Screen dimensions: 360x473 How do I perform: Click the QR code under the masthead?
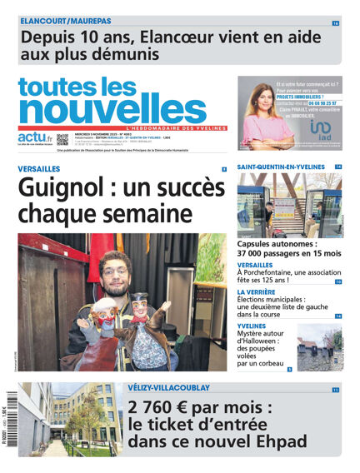tap(62, 140)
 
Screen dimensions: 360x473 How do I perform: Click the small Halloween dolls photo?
tap(319, 347)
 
